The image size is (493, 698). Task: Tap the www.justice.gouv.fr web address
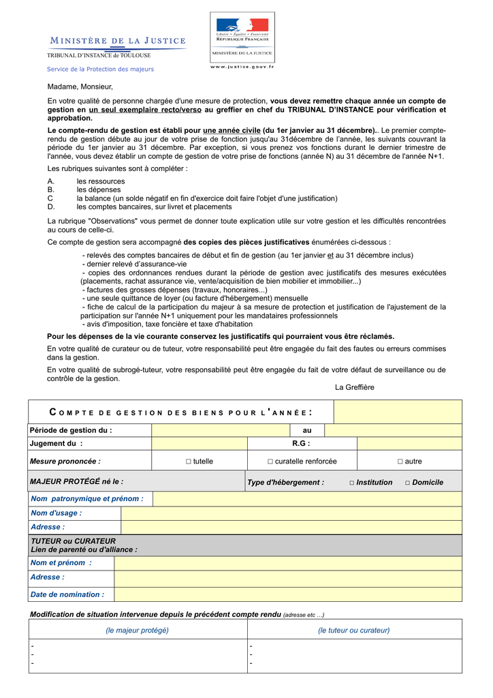pos(242,66)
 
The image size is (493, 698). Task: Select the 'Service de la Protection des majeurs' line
pos(100,69)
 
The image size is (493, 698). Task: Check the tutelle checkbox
pos(189,461)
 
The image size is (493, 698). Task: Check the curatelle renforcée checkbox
pos(270,461)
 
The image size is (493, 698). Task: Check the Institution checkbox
pos(352,483)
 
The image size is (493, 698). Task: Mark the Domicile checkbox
pos(407,483)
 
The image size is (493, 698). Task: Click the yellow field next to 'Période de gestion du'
pos(221,430)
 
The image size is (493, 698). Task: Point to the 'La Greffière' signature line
pos(354,387)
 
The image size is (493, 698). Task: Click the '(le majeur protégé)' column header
pos(137,630)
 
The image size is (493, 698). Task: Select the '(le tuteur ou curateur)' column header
pos(353,630)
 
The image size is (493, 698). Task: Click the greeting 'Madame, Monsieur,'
pos(80,87)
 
